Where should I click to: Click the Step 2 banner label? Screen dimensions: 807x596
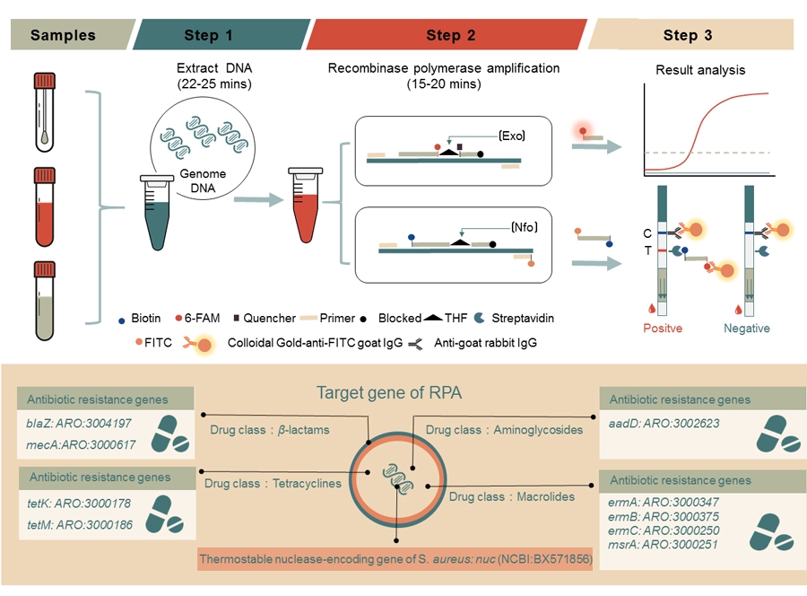(x=450, y=35)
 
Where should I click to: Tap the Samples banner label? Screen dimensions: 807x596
(x=63, y=35)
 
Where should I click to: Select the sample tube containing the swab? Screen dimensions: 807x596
(x=45, y=112)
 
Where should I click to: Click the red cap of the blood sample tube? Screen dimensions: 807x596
(x=45, y=175)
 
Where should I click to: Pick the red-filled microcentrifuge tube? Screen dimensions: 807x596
(x=305, y=205)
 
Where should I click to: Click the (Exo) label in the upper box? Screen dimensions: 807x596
(x=512, y=136)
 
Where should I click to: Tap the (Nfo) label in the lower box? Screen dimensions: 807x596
(x=524, y=227)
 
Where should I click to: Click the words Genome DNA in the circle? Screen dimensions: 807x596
(x=203, y=180)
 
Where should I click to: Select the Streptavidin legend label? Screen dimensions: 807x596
(x=523, y=318)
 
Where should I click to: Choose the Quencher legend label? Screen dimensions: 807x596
(x=269, y=318)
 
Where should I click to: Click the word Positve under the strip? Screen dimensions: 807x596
(x=663, y=329)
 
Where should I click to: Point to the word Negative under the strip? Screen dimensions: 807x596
(x=747, y=329)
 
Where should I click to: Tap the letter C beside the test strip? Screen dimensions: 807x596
(x=647, y=233)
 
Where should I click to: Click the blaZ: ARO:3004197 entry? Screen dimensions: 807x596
(x=79, y=424)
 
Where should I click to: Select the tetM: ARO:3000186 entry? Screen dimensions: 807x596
(x=80, y=525)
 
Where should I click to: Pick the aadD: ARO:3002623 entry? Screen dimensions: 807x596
(x=664, y=424)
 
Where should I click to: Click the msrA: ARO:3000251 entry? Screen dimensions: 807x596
(x=663, y=545)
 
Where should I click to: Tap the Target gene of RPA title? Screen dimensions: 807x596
(x=389, y=392)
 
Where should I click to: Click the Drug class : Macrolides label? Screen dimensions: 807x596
(x=512, y=496)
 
